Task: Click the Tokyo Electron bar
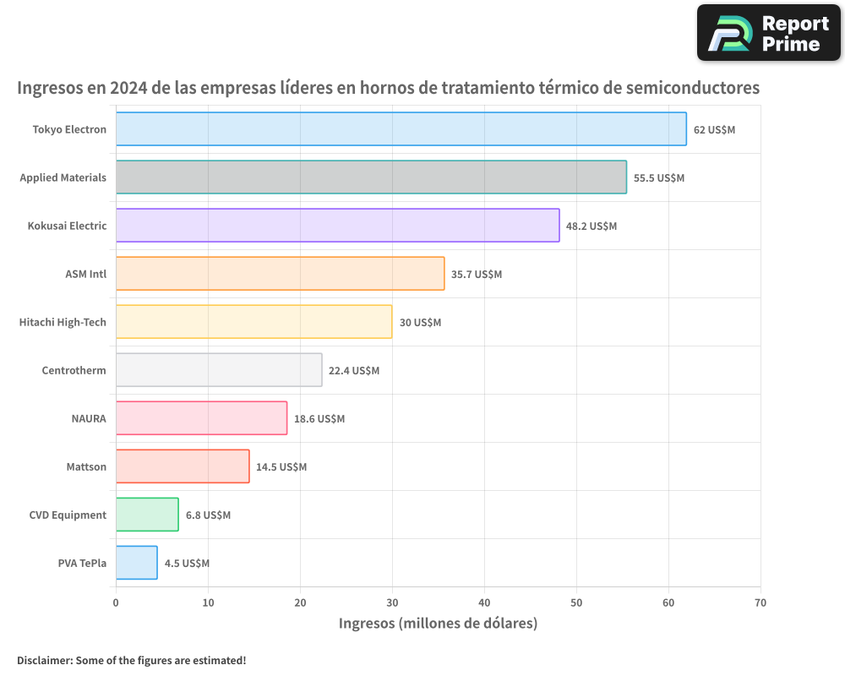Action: point(401,129)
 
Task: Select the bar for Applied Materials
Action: point(371,177)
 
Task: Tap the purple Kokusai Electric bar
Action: point(337,226)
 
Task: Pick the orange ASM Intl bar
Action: point(280,274)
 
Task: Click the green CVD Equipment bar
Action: point(147,515)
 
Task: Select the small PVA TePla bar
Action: point(136,563)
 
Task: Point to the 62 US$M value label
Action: point(714,130)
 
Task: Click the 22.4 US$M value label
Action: point(354,371)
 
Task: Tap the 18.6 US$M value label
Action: point(319,419)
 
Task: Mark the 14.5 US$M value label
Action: point(281,467)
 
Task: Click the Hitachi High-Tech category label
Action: point(63,322)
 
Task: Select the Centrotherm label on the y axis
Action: point(74,370)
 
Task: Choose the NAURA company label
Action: point(89,418)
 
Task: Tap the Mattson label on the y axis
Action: point(86,466)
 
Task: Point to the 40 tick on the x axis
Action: point(484,603)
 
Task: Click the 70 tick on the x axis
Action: point(760,603)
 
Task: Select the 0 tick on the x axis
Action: point(116,603)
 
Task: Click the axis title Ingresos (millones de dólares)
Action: point(438,624)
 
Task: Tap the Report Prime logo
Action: point(769,33)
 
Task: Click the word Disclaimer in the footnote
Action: point(43,660)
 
